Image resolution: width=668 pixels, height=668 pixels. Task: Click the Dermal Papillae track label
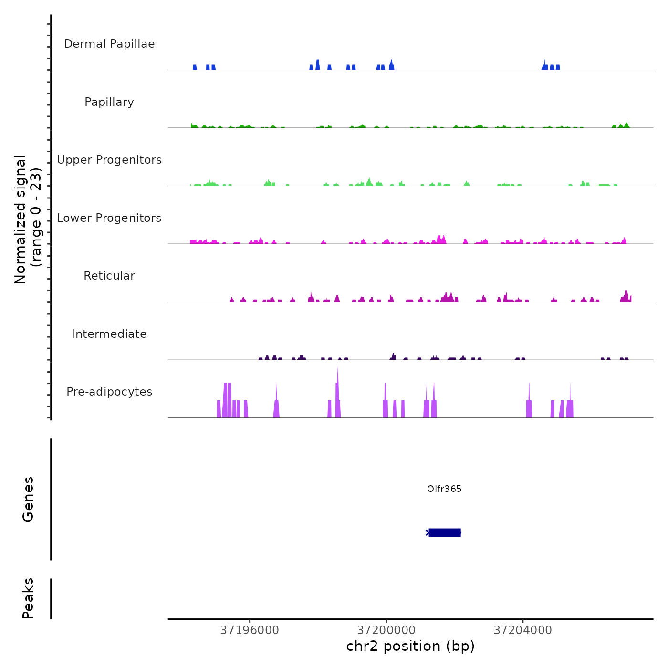pos(109,44)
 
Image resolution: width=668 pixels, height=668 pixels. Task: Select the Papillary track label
pos(109,102)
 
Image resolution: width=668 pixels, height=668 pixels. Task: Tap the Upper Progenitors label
pos(109,160)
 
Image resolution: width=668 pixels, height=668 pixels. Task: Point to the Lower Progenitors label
pos(109,218)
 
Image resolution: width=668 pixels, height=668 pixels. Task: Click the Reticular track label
pos(109,276)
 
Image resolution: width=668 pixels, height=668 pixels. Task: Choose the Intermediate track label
pos(109,334)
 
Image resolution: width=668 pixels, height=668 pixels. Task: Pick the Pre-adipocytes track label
pos(109,392)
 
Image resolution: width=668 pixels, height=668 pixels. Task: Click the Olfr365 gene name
pos(444,489)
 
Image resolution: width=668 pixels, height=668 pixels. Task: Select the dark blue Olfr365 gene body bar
pos(445,532)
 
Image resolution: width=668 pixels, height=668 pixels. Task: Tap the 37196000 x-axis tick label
pos(250,630)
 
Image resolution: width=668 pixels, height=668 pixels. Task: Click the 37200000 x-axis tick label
pos(386,630)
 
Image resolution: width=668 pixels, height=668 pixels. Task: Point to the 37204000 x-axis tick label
pos(522,630)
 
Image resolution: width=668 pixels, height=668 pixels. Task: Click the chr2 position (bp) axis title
pos(410,646)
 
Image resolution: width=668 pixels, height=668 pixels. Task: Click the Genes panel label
pos(28,499)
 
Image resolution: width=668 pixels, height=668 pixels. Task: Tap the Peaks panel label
pos(28,598)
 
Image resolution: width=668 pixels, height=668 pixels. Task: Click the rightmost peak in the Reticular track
pos(626,296)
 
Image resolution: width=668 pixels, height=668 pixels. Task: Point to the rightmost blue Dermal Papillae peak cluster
pos(551,66)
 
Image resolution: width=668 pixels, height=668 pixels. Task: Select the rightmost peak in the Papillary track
pos(626,125)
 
